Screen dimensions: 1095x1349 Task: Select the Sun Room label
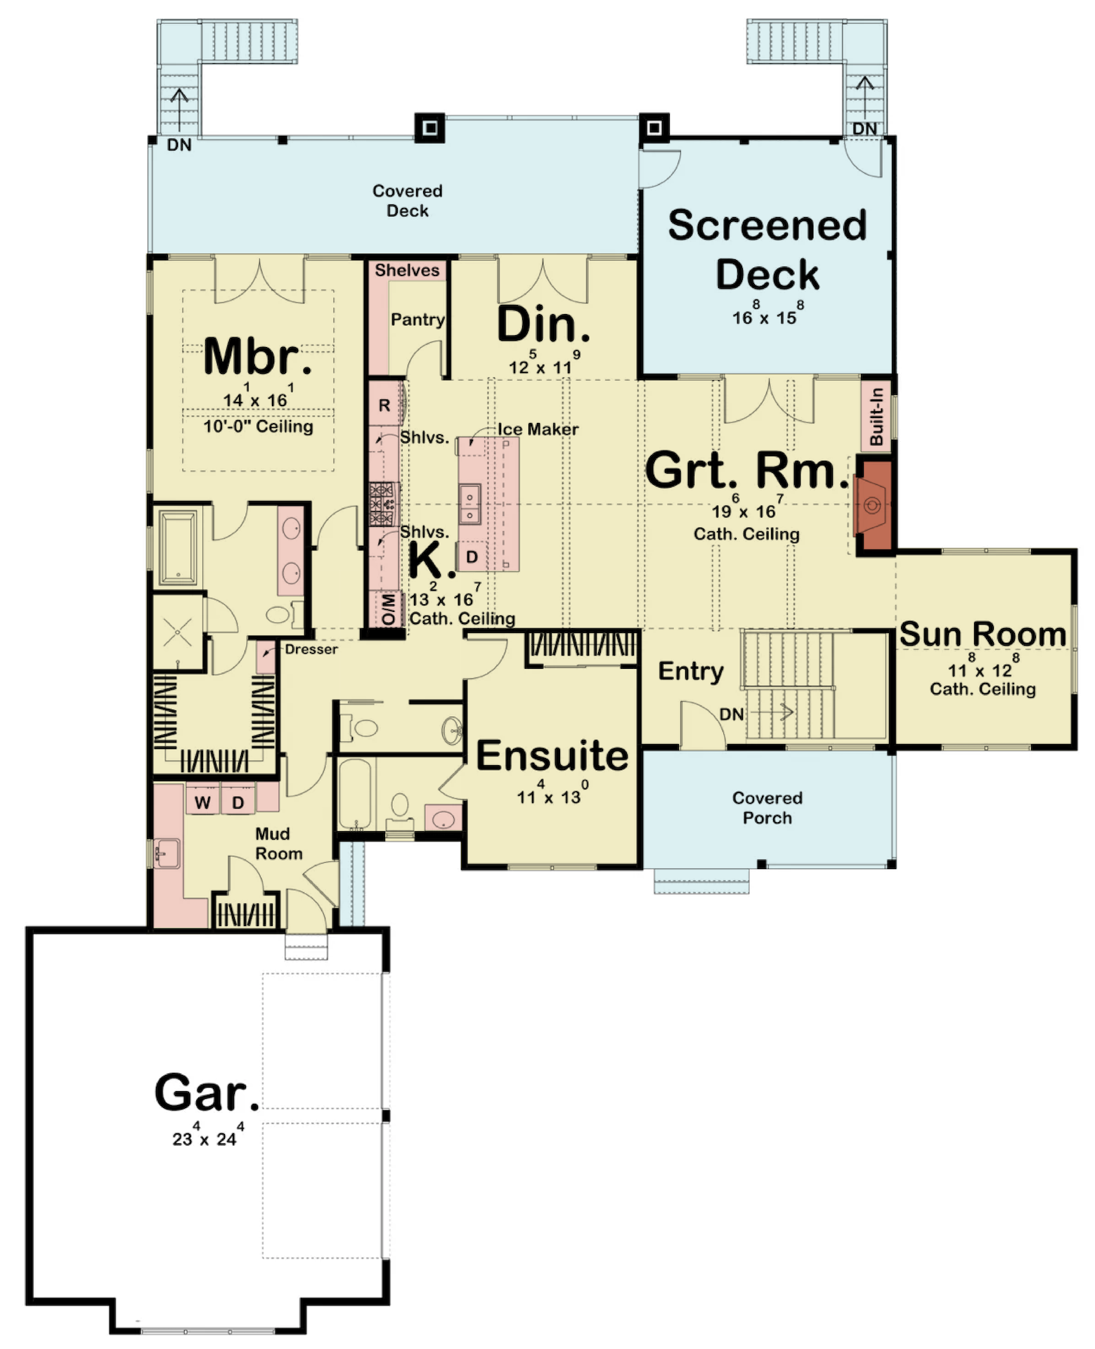coord(983,634)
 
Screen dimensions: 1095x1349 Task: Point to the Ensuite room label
coord(552,756)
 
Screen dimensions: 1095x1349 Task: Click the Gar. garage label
coord(207,1093)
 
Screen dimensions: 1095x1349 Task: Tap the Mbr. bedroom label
coord(257,356)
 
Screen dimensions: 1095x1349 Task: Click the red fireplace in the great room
coord(874,504)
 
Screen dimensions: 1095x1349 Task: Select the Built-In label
coord(876,417)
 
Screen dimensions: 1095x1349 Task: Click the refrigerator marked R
coord(384,404)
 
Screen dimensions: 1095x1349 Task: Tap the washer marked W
coord(202,802)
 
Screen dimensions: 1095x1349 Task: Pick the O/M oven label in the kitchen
coord(388,609)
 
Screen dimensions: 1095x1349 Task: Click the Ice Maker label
coord(538,429)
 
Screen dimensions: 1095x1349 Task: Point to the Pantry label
coord(417,320)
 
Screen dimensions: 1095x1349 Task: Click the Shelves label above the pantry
coord(407,271)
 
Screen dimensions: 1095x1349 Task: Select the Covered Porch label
coord(767,808)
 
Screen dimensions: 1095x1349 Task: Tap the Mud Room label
coord(278,844)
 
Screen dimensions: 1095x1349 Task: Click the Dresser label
coord(311,649)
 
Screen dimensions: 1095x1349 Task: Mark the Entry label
coord(691,672)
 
